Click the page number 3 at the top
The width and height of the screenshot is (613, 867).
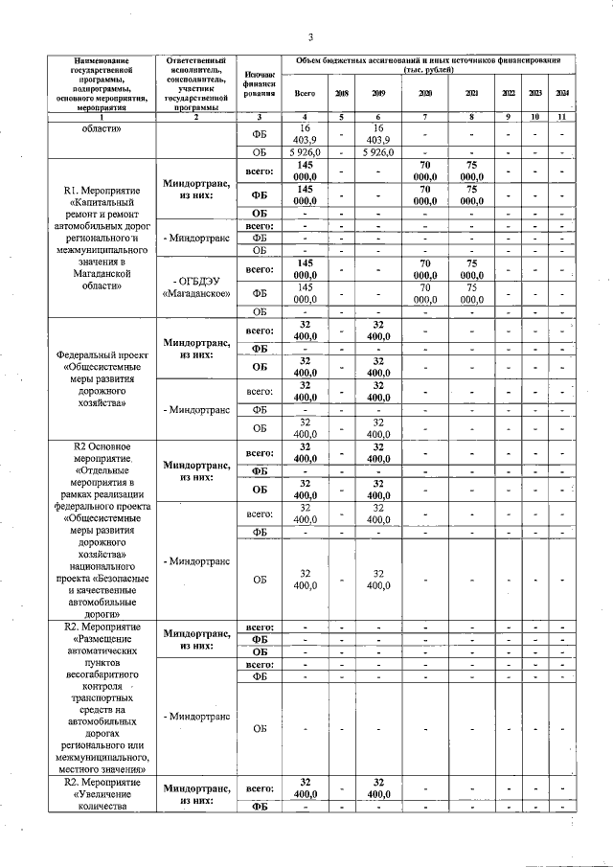pos(311,37)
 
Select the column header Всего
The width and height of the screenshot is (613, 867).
pos(305,93)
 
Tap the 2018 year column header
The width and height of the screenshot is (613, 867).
pos(341,93)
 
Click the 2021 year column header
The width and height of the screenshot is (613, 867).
pos(471,93)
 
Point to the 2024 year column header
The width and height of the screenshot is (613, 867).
pos(562,93)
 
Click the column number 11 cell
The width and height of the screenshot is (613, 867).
pos(562,116)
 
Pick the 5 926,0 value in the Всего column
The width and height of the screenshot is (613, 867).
pos(305,152)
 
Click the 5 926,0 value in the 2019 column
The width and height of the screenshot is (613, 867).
pos(378,152)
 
